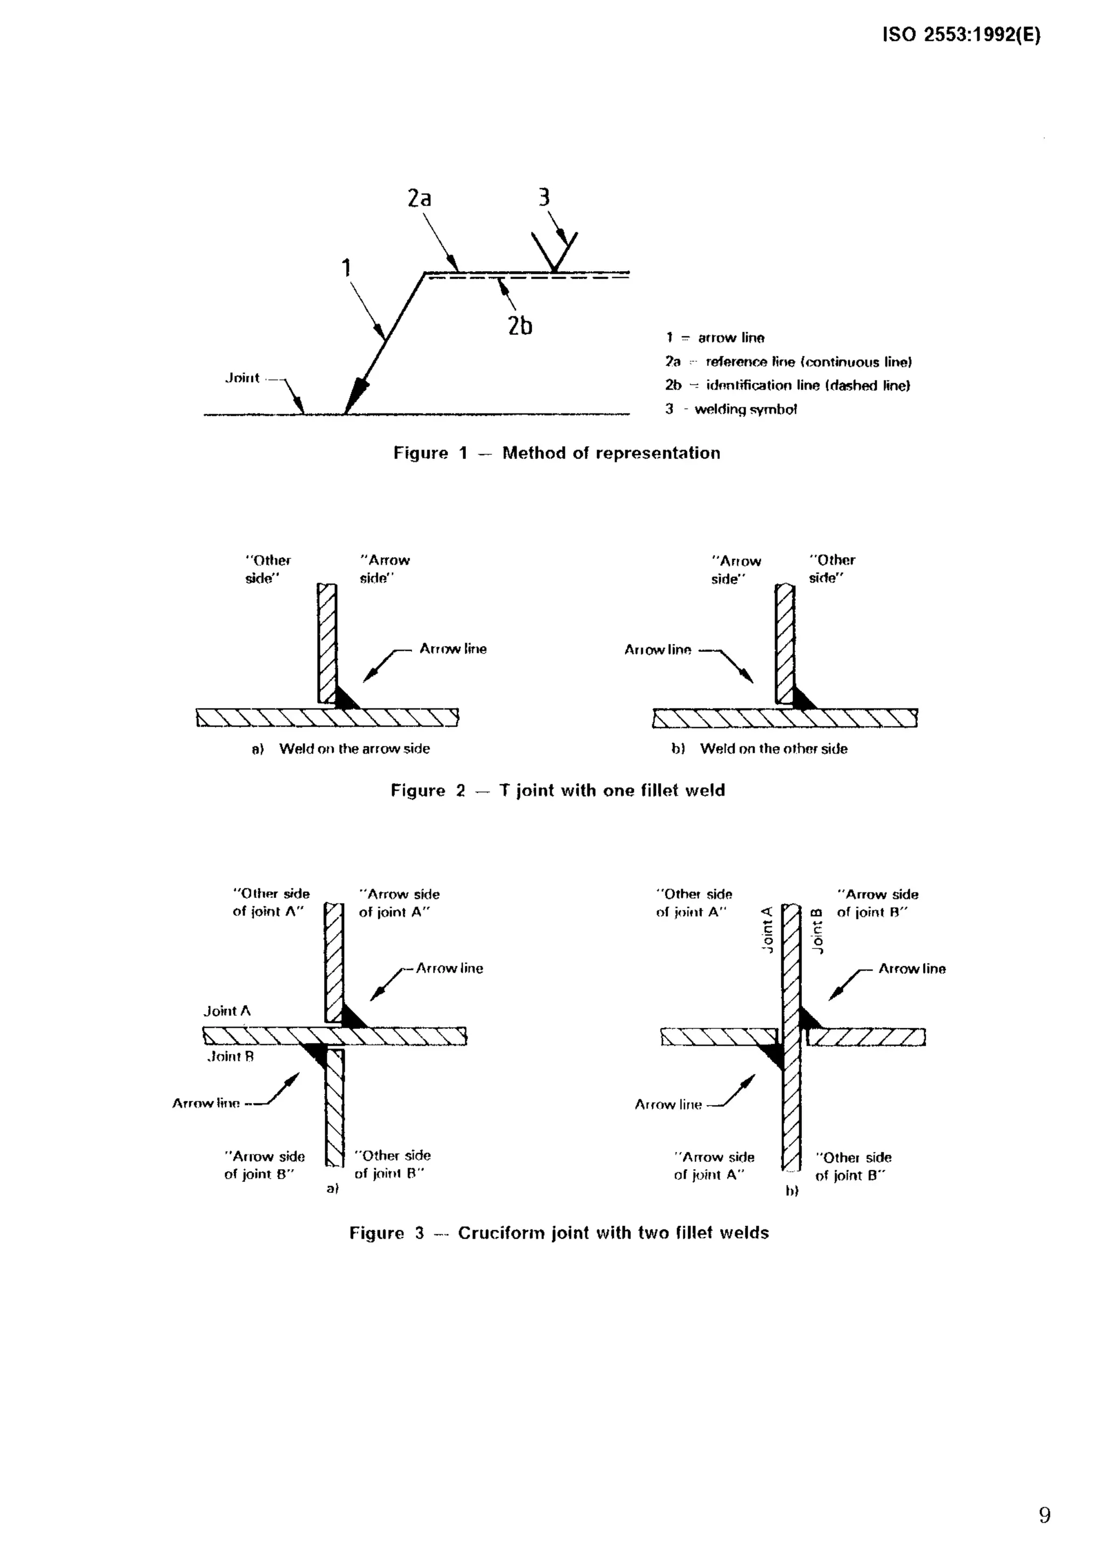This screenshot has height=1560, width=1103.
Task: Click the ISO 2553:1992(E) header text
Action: (961, 36)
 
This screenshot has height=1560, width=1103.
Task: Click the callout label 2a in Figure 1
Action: (420, 199)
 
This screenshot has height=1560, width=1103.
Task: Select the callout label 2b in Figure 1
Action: (520, 326)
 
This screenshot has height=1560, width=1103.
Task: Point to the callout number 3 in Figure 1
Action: (543, 198)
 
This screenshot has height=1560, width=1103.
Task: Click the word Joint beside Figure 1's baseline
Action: (242, 378)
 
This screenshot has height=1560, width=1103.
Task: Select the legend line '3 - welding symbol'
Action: (731, 409)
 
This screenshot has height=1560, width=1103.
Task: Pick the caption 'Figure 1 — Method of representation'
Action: (556, 453)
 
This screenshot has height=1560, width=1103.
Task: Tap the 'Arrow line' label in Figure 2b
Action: (657, 650)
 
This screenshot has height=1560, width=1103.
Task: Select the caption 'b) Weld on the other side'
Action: (759, 749)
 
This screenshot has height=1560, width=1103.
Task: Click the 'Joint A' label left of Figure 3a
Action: (227, 1011)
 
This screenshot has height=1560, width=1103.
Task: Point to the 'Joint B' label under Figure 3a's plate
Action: (231, 1057)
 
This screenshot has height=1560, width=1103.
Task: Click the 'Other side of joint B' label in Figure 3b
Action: (853, 1167)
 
